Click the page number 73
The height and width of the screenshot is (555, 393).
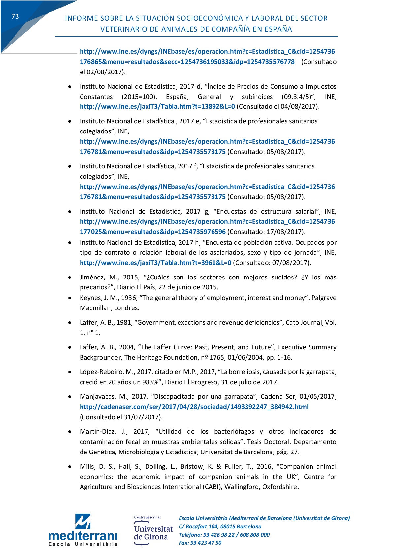coord(15,16)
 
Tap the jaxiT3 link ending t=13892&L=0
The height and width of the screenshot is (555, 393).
coord(157,107)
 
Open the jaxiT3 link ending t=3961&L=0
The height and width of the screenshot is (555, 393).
coord(155,263)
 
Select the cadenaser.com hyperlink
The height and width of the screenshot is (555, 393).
coord(194,407)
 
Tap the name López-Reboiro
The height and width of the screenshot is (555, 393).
coord(101,372)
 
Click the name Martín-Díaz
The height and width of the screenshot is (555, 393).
coord(97,432)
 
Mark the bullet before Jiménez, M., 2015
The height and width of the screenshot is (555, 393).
coord(70,277)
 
